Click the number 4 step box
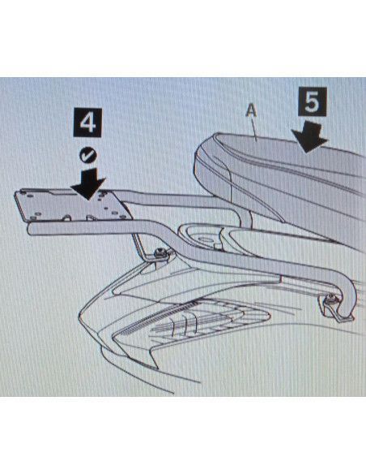click(87, 123)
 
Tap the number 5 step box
click(313, 102)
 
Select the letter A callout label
click(251, 110)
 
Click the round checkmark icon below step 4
click(88, 155)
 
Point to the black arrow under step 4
click(87, 183)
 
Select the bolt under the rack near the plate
click(160, 253)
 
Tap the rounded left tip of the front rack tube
click(29, 229)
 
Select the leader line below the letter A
click(255, 128)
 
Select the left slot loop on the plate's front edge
click(67, 217)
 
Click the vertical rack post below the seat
click(248, 217)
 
